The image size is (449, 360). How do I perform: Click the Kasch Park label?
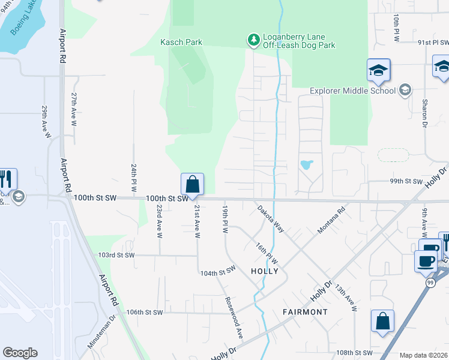pyautogui.click(x=181, y=43)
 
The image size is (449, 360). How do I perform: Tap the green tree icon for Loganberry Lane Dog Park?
pyautogui.click(x=254, y=40)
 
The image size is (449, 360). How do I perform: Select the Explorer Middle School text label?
pyautogui.click(x=352, y=91)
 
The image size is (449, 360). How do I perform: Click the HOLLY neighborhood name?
pyautogui.click(x=265, y=271)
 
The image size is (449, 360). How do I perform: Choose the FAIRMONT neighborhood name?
pyautogui.click(x=306, y=312)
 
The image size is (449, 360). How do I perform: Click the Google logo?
pyautogui.click(x=20, y=353)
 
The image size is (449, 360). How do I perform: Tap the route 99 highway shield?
pyautogui.click(x=430, y=283)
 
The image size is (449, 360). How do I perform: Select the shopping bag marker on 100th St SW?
pyautogui.click(x=192, y=184)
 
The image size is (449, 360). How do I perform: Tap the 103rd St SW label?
pyautogui.click(x=116, y=255)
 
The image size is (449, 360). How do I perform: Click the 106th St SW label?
pyautogui.click(x=145, y=312)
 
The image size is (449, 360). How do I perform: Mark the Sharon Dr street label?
pyautogui.click(x=424, y=113)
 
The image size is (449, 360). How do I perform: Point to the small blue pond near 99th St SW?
pyautogui.click(x=306, y=164)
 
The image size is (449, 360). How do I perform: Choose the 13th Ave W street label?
pyautogui.click(x=347, y=297)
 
